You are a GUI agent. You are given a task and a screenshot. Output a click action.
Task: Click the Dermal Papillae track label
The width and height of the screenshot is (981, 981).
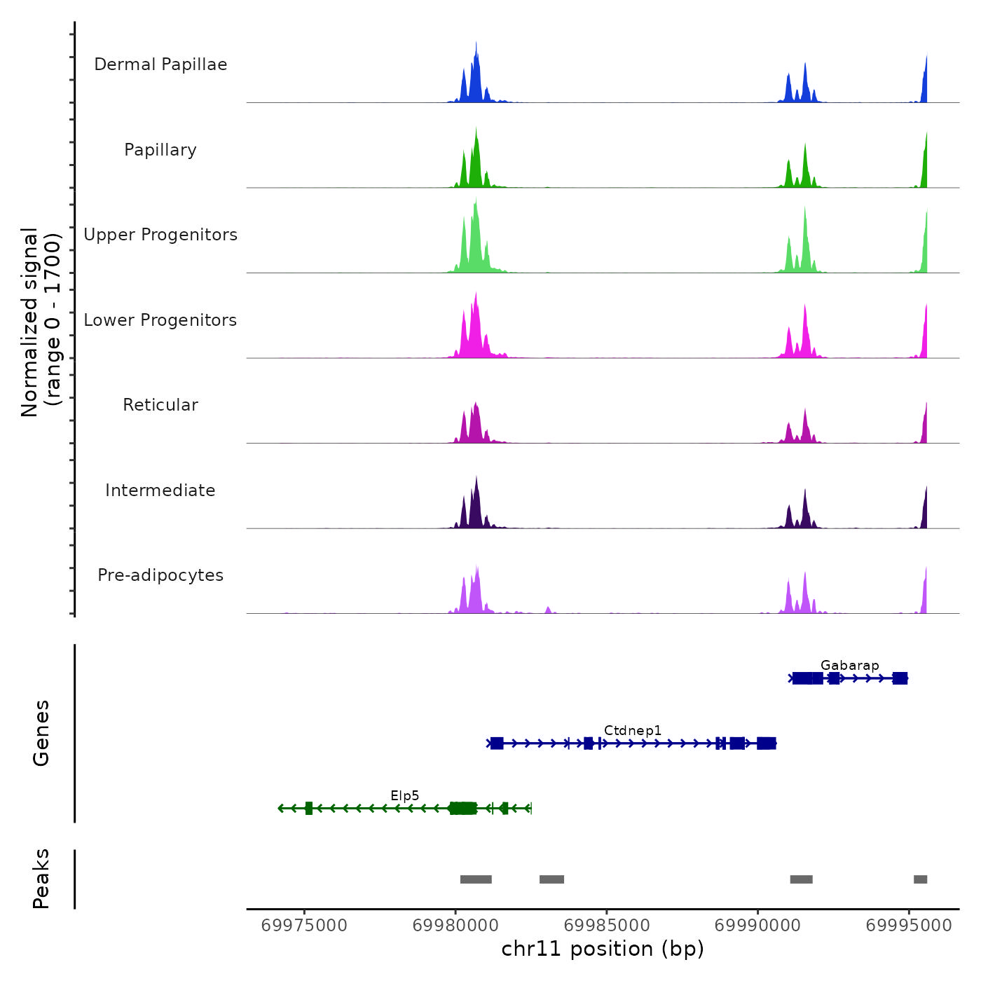point(160,64)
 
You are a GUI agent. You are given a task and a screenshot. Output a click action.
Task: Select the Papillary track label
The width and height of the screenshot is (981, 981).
point(160,150)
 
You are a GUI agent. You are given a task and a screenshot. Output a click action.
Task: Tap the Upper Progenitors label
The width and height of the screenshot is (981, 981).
point(160,235)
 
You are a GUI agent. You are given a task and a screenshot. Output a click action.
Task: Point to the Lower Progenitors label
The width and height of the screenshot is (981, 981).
point(160,320)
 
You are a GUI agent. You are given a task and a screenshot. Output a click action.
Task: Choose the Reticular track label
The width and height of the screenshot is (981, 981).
point(160,405)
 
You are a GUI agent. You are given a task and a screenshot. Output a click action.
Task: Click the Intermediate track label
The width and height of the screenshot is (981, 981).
point(160,490)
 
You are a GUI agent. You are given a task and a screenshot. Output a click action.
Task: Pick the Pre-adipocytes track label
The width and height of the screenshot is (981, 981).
point(160,575)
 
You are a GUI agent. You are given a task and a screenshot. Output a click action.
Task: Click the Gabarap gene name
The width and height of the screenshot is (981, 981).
point(849,666)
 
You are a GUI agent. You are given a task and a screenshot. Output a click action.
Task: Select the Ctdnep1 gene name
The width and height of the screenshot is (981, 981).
point(633,731)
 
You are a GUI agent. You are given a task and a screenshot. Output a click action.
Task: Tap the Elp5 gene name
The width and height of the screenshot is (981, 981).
point(405,796)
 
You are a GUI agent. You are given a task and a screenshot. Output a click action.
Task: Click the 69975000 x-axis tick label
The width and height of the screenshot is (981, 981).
point(304,926)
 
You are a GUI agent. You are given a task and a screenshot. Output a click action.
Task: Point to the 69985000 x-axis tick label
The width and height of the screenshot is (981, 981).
point(607,926)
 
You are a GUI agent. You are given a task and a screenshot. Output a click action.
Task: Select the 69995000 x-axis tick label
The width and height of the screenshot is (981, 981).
point(909,926)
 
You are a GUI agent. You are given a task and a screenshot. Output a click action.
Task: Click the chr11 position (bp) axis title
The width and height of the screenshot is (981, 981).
point(603,949)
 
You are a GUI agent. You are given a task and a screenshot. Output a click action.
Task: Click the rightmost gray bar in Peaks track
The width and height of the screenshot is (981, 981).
point(920,879)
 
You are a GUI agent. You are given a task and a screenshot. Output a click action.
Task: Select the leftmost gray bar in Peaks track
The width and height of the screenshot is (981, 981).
point(476,879)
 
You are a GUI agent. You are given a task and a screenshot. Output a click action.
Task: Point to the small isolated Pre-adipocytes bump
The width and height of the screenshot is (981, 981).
point(548,610)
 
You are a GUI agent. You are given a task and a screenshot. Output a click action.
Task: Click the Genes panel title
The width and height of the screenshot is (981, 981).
point(41,733)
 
